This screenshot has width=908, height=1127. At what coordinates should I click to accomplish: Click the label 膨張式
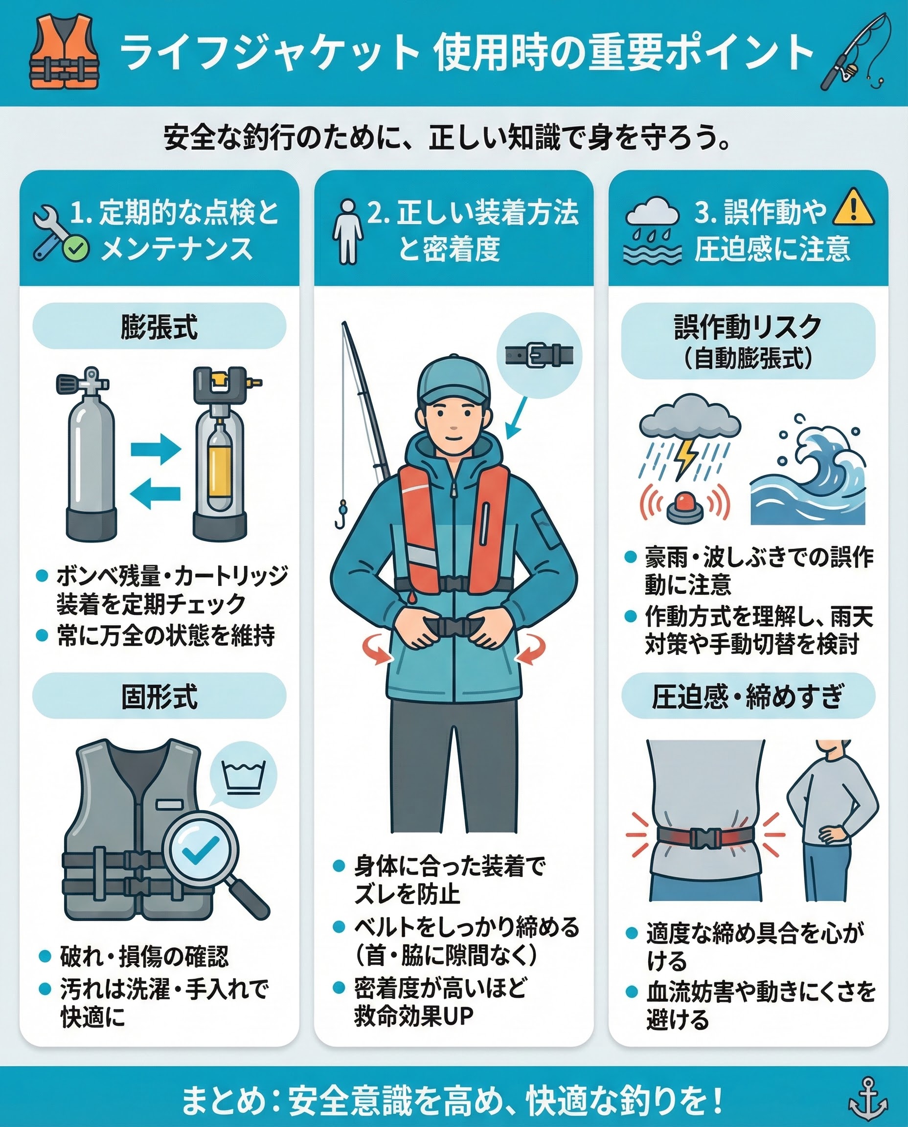[x=159, y=327]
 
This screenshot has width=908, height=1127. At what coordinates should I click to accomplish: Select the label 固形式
[x=159, y=697]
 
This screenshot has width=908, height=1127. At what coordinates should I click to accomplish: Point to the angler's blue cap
[x=454, y=381]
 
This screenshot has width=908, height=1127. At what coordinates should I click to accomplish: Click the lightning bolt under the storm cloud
[x=686, y=456]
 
